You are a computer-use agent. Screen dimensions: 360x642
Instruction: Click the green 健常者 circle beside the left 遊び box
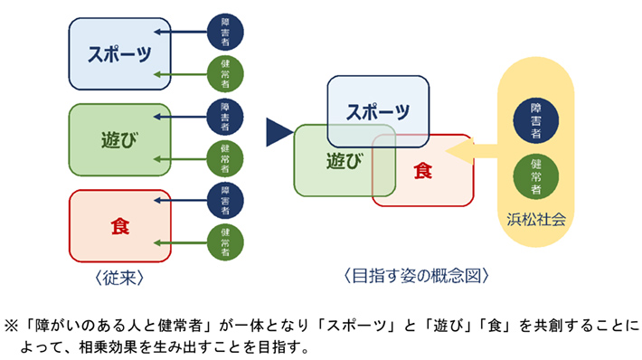(x=224, y=159)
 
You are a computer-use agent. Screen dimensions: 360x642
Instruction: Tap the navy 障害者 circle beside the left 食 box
(x=224, y=201)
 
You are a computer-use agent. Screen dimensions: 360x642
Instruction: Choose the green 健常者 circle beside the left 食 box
(x=224, y=242)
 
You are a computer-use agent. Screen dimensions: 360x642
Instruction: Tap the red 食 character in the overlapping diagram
(x=422, y=170)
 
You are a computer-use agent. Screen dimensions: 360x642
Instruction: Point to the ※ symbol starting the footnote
(x=13, y=324)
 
